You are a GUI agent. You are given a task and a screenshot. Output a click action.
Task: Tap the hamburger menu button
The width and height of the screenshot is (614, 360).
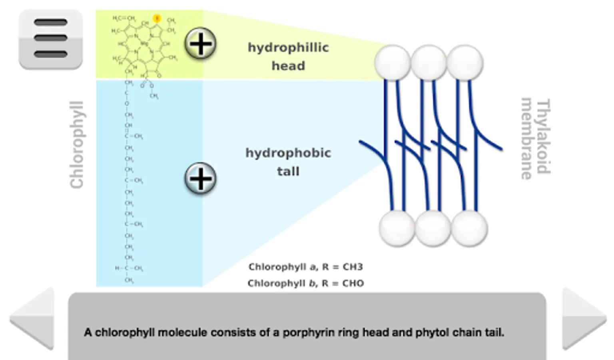pos(50,39)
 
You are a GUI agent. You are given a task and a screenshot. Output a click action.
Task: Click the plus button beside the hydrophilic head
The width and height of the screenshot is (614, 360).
pos(200,44)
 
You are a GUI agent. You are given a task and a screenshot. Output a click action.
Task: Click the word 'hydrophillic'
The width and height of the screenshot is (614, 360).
pos(288,48)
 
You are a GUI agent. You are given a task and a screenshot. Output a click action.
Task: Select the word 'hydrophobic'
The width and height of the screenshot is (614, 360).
pos(288,153)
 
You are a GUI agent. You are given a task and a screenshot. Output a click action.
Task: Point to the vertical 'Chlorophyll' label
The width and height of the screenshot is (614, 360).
pos(76,144)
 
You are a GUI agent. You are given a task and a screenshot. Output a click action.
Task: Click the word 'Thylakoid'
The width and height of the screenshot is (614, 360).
pos(543,136)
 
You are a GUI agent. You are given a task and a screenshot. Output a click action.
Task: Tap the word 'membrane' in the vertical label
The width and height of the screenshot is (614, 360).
pos(526,138)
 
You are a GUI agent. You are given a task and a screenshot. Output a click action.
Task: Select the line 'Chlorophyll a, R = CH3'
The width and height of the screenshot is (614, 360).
pos(305,267)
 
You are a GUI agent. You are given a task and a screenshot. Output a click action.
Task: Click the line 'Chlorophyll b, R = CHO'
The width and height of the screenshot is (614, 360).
pos(305,283)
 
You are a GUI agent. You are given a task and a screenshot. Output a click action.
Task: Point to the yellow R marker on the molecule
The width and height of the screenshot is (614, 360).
pos(157,18)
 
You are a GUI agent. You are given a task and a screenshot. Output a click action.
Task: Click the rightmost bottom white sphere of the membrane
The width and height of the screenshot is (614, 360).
pos(469,228)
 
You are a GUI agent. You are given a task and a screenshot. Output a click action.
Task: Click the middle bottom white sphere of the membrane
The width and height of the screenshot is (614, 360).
pos(433,228)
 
